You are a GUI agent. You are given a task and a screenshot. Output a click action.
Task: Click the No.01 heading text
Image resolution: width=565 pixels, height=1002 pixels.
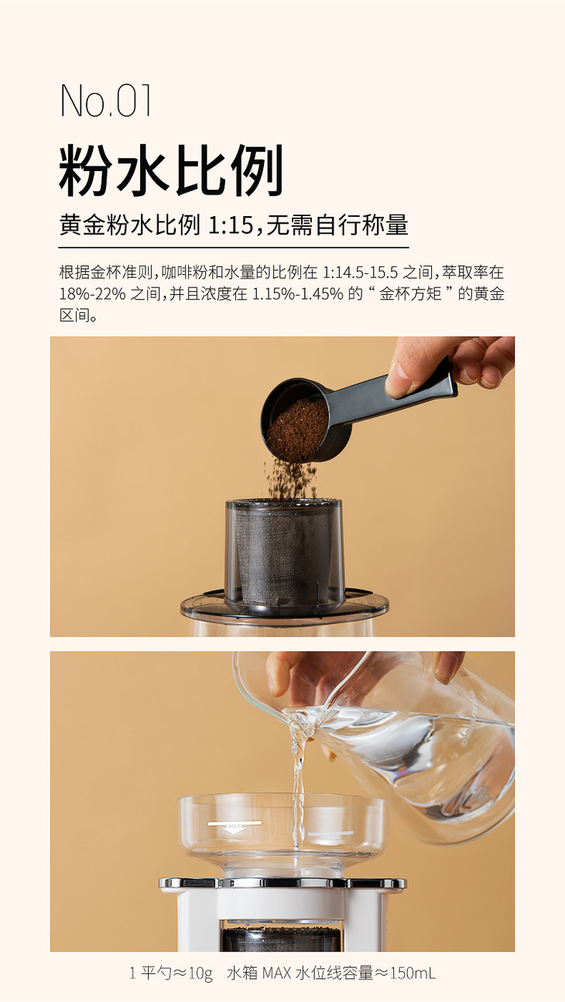coord(105,101)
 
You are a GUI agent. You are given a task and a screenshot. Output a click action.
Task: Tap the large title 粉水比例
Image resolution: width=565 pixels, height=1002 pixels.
coord(171,170)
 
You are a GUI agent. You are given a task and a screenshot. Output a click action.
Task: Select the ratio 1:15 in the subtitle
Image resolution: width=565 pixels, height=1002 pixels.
coord(231,225)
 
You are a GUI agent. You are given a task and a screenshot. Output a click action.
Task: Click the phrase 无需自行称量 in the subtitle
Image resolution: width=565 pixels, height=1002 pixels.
coord(337,225)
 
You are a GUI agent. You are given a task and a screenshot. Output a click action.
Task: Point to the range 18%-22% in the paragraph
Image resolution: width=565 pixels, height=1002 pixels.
coord(93,294)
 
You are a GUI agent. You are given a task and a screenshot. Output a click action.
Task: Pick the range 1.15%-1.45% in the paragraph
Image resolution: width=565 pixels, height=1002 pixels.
coord(298,294)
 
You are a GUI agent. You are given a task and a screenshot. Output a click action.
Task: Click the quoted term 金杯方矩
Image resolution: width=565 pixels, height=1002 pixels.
coord(410,294)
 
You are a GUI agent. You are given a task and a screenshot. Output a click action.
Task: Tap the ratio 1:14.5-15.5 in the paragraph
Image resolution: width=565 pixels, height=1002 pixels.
coord(360,272)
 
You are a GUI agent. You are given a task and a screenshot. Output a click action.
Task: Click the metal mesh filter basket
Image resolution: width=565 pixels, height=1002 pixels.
coord(280,554)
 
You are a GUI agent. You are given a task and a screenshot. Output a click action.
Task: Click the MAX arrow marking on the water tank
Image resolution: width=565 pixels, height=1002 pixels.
coord(235,825)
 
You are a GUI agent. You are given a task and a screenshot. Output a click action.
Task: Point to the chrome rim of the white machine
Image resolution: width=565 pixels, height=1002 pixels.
coord(282,882)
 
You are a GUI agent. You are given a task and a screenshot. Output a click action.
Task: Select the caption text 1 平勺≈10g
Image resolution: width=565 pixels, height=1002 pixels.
coord(171,973)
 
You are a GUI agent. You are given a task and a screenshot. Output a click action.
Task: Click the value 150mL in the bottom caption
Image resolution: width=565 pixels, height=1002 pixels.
coord(413,973)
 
